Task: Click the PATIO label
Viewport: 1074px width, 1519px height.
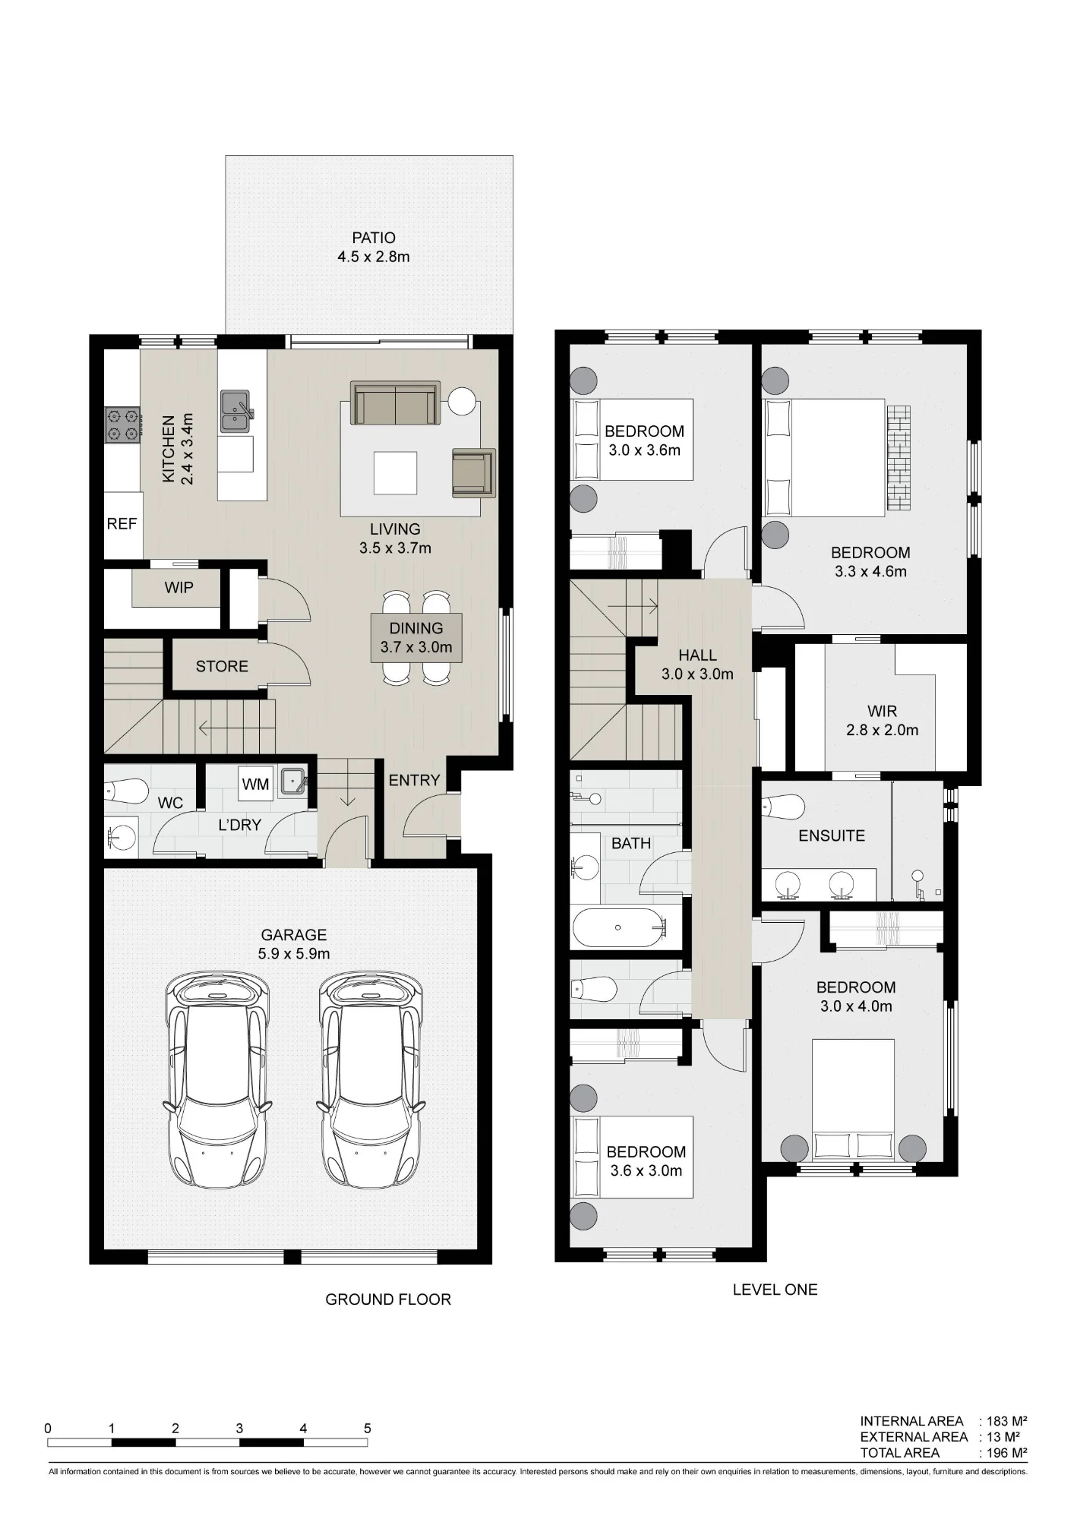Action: (x=374, y=238)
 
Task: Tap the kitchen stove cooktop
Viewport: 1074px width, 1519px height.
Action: (x=123, y=425)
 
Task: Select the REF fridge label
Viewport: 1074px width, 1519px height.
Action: (x=122, y=524)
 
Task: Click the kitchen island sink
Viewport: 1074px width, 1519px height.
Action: (x=236, y=411)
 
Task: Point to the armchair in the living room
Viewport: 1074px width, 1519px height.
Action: (x=473, y=473)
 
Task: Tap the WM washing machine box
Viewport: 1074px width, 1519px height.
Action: (x=256, y=784)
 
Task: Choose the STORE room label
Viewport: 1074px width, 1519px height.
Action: (x=222, y=666)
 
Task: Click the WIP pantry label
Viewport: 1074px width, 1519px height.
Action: (x=178, y=588)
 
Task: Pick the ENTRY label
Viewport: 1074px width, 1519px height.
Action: (x=414, y=780)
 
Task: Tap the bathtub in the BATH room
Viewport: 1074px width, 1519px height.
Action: (x=619, y=927)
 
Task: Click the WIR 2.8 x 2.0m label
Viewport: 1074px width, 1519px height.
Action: (x=882, y=721)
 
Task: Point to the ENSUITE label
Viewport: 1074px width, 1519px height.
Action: (x=832, y=835)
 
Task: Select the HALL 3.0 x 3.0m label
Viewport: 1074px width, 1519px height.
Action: (x=697, y=665)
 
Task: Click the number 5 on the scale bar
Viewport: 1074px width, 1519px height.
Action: (x=368, y=1429)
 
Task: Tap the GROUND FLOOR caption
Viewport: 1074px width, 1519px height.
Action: (x=388, y=1300)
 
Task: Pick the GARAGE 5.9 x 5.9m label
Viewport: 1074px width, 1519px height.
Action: (x=294, y=944)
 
